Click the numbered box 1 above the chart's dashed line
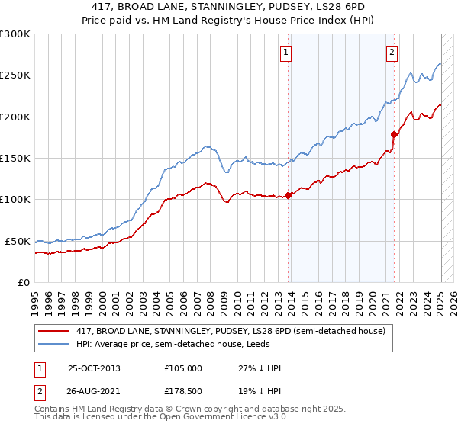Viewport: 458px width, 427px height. [x=285, y=53]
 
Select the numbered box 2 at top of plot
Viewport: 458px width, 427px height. [x=392, y=53]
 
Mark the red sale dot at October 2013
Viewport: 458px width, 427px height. [x=289, y=195]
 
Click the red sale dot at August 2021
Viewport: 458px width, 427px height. [x=395, y=134]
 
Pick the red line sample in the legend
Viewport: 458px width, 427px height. [x=55, y=331]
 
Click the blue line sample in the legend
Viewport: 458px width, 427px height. [x=55, y=344]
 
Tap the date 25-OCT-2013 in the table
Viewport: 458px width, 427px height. [x=95, y=368]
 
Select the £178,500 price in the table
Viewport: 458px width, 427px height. [x=183, y=393]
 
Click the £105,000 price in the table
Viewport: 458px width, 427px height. [x=183, y=368]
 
